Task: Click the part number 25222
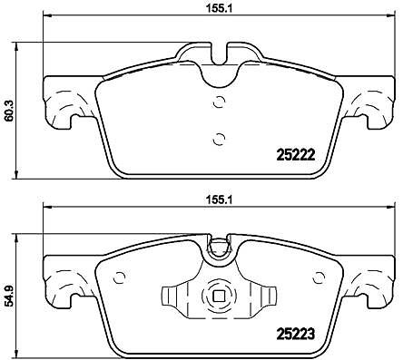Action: click(x=296, y=155)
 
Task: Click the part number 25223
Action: click(x=296, y=334)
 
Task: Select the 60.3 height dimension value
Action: click(x=8, y=110)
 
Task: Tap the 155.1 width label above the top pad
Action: click(x=220, y=9)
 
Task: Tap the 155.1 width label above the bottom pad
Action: click(x=220, y=200)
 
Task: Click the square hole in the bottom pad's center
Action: click(x=219, y=296)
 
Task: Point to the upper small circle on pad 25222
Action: click(x=219, y=102)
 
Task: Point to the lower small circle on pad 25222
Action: click(x=219, y=139)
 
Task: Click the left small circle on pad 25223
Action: click(x=120, y=277)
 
